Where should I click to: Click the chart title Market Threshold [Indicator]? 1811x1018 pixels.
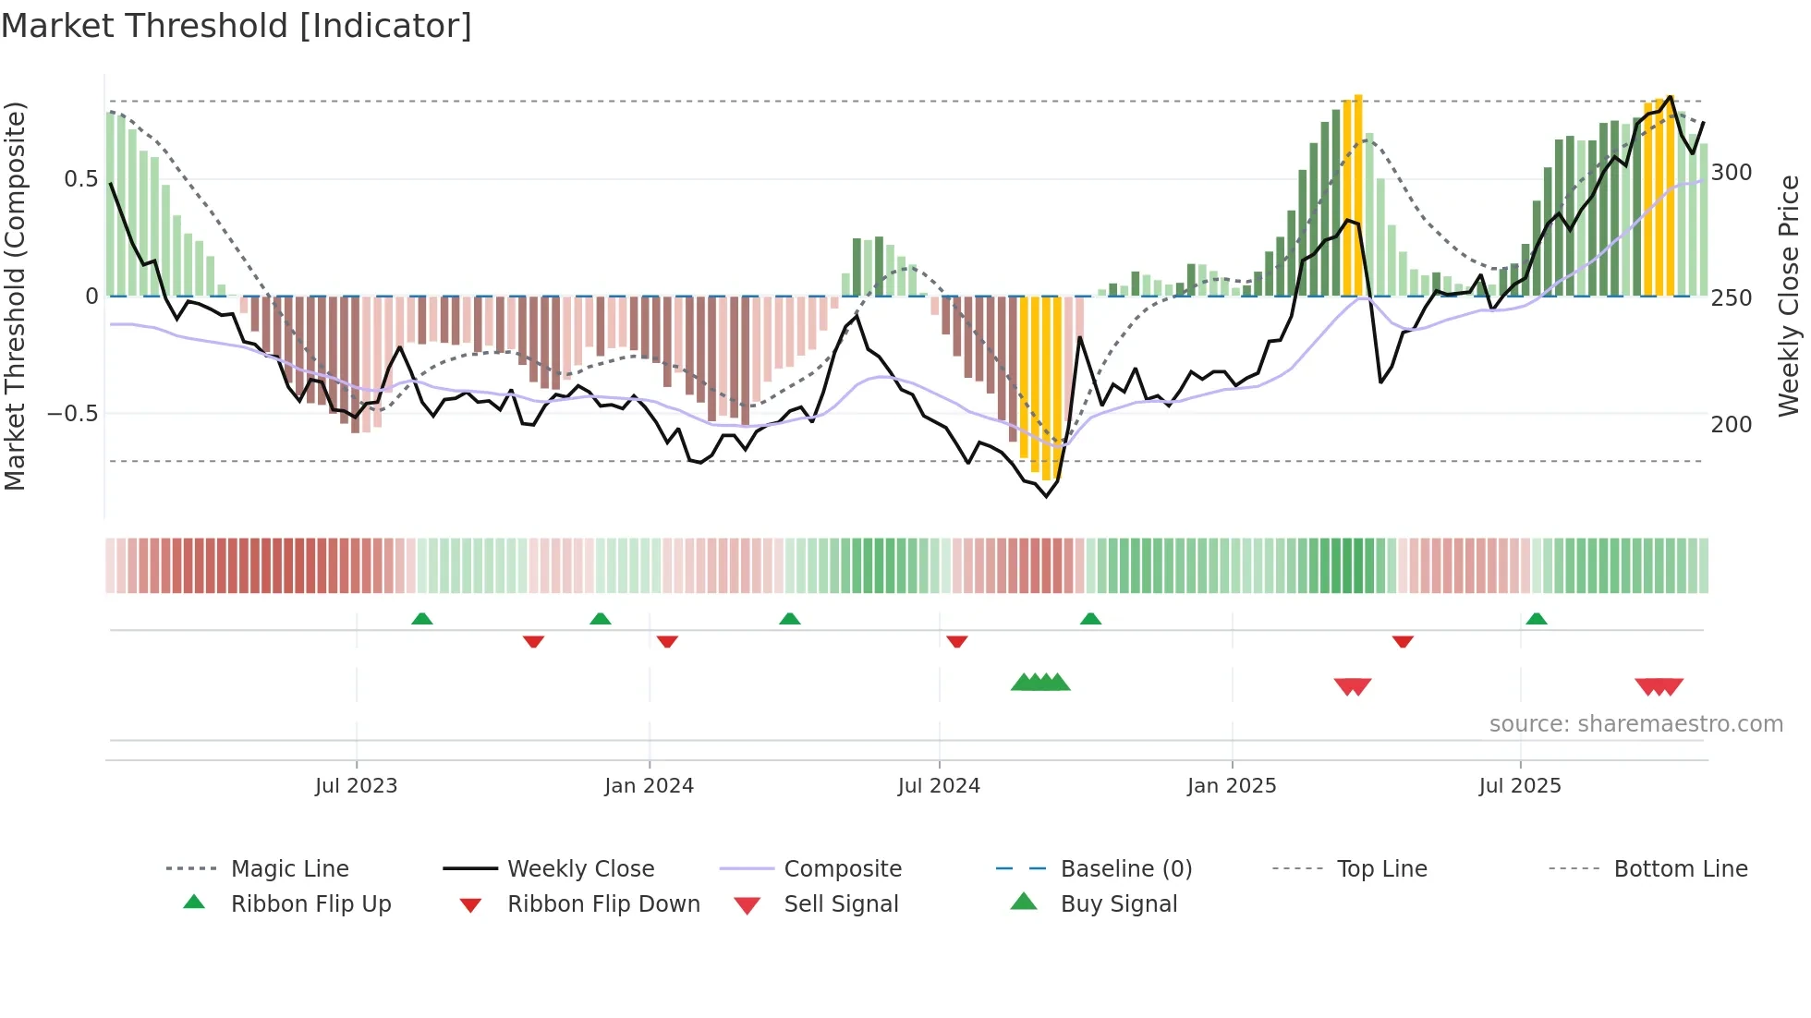click(x=237, y=26)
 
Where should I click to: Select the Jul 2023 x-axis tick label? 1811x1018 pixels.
click(x=356, y=786)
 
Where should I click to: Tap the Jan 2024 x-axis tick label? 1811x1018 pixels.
click(x=649, y=786)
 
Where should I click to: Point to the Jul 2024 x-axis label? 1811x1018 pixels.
click(x=939, y=786)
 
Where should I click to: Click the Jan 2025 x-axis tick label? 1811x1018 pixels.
click(x=1232, y=786)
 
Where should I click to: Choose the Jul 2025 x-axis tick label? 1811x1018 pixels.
click(x=1520, y=786)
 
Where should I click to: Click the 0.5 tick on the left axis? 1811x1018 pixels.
click(x=81, y=179)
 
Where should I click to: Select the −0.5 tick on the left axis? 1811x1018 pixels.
click(x=73, y=414)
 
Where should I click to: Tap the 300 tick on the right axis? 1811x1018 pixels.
click(x=1732, y=173)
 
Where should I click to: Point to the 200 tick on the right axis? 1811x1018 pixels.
click(x=1732, y=425)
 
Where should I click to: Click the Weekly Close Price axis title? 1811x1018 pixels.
click(x=1789, y=296)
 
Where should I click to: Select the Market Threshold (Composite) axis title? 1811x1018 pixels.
click(x=16, y=296)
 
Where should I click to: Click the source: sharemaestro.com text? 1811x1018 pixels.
click(x=1635, y=724)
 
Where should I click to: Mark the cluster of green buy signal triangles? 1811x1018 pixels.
click(x=1040, y=683)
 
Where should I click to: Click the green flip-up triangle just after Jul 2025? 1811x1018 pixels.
click(x=1536, y=619)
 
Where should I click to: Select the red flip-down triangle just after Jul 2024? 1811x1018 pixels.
click(x=956, y=641)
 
